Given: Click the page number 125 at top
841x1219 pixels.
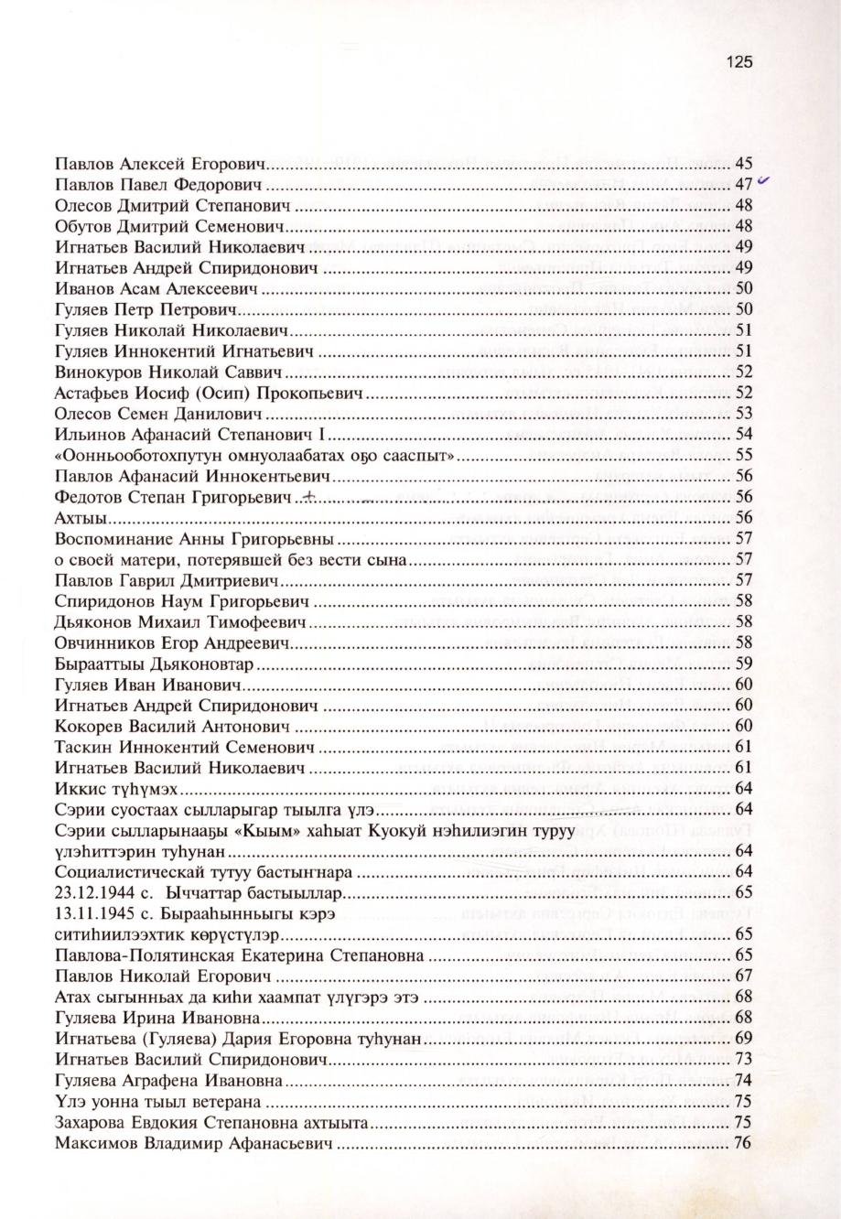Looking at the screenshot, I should [739, 62].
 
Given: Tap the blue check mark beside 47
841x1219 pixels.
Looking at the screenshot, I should [760, 181].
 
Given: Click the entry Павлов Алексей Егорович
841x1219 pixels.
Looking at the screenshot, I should [159, 165].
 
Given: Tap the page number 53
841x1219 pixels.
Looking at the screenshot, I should [743, 414].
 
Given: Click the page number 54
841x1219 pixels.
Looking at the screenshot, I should [743, 434].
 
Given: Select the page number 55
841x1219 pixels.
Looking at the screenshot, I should [743, 455].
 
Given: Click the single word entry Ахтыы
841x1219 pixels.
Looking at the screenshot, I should [76, 518].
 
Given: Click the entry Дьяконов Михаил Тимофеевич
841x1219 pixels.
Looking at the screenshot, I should [178, 621].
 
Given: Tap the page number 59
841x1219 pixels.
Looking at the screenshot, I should [743, 663].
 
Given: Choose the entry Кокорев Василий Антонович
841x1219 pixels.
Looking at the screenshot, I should [172, 726].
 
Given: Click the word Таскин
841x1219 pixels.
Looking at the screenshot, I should [81, 746].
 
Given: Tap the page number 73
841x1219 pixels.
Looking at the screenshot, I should [743, 1060].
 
